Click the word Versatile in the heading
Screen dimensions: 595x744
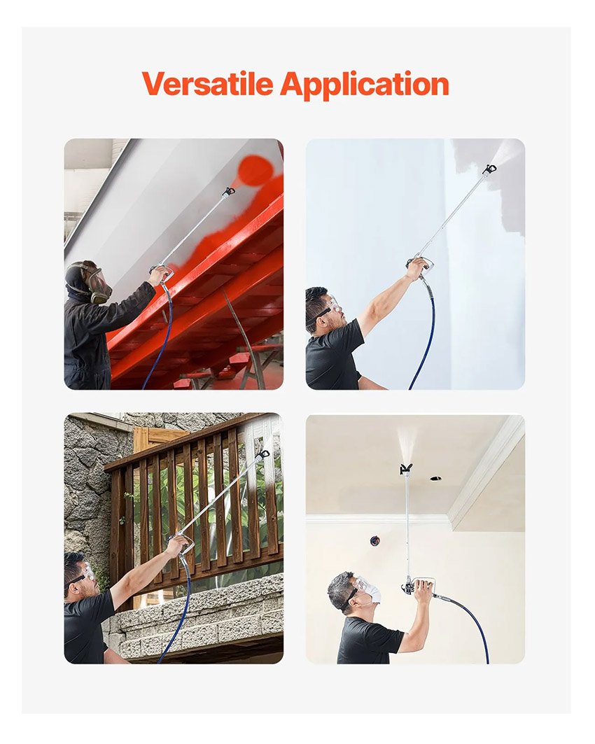coord(207,84)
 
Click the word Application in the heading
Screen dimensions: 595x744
coord(365,85)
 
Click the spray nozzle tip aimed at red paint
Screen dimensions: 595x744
coord(229,192)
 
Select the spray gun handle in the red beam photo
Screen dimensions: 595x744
coord(161,273)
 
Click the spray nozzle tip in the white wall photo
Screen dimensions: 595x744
coord(489,169)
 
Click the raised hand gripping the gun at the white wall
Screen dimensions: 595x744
coord(416,267)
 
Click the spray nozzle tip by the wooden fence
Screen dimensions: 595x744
coord(262,454)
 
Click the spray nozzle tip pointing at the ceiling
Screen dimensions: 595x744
coord(405,469)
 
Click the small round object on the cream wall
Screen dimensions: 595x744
coord(374,540)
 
